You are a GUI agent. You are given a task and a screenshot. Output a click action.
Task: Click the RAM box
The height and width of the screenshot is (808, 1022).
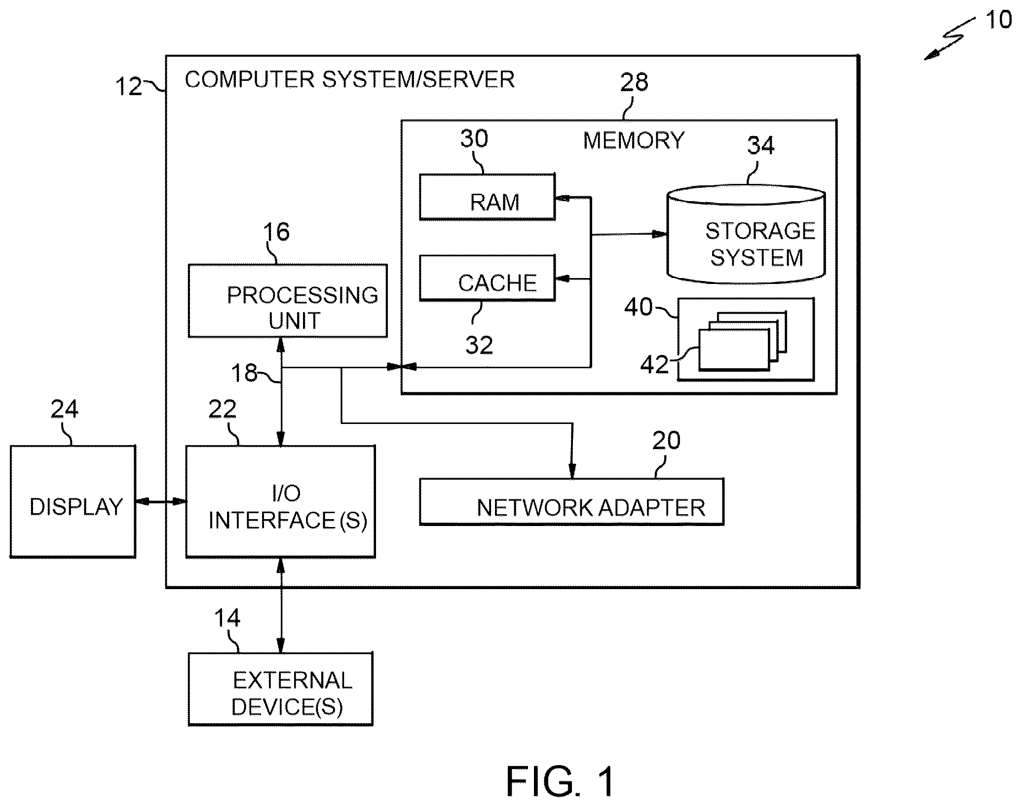(x=487, y=197)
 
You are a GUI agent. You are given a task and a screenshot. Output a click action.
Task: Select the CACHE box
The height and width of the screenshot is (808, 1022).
(x=487, y=278)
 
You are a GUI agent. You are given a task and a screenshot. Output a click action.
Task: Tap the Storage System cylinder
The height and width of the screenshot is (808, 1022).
(x=746, y=234)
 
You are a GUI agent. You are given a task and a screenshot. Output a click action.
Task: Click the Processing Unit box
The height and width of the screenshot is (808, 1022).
(x=288, y=301)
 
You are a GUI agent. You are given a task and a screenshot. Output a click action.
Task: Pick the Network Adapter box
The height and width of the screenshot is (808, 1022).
(x=571, y=502)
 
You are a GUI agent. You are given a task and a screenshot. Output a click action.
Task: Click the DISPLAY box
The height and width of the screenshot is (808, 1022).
(x=73, y=502)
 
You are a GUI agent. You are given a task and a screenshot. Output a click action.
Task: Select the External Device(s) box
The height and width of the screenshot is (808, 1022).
(x=280, y=689)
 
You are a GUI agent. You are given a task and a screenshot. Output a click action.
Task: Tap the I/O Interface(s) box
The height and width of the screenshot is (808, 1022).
(x=280, y=502)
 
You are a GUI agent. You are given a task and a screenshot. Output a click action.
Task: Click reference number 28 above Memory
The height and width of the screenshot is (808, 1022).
(x=634, y=82)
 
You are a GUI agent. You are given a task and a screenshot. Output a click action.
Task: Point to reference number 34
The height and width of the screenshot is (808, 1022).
(x=760, y=145)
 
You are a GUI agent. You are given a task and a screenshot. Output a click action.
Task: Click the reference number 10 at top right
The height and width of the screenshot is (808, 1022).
(x=998, y=20)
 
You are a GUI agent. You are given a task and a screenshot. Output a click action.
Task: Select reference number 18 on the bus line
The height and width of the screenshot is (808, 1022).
(x=244, y=373)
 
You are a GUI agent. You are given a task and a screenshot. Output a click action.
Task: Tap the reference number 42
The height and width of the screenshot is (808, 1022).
(x=654, y=365)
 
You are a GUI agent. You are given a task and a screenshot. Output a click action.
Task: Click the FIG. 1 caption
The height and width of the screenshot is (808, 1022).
(x=561, y=782)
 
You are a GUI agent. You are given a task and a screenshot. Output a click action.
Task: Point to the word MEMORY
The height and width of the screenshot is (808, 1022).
(x=634, y=141)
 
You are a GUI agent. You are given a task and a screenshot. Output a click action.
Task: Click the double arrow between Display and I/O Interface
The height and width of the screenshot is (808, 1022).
(x=161, y=502)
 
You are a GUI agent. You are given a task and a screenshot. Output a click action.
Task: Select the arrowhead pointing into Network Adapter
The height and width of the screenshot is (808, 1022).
(x=572, y=471)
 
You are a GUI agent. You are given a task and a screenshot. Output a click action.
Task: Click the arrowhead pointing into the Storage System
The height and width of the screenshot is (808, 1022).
(x=659, y=234)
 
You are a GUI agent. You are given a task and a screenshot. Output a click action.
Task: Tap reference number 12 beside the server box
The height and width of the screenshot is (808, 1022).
(x=128, y=87)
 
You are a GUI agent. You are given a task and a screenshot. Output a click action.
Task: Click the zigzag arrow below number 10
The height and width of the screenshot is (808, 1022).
(x=950, y=38)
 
